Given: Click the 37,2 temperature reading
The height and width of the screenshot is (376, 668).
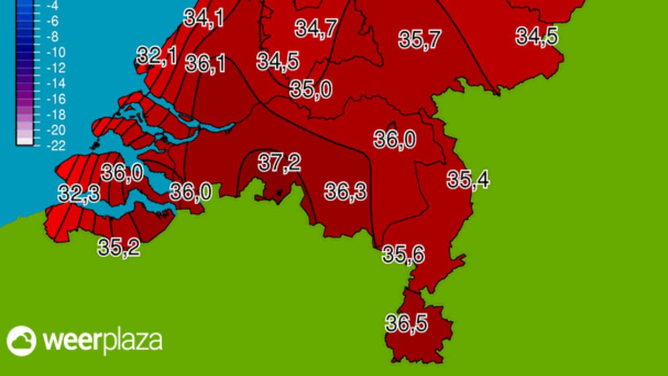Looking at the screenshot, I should click(279, 163).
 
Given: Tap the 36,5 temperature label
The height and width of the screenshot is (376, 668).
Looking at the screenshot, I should click(407, 324).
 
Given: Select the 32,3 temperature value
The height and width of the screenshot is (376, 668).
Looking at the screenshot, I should click(79, 194).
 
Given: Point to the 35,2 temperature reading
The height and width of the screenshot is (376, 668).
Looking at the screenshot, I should click(119, 248).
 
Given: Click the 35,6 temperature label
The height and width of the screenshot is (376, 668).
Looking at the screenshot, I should click(403, 255).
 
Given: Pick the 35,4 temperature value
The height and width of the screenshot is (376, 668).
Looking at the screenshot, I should click(468, 180).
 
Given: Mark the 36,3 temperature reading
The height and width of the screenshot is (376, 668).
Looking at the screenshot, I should click(345, 192).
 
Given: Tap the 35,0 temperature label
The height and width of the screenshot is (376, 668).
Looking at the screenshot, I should click(311, 89).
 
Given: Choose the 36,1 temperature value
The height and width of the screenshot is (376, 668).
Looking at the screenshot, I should click(206, 64).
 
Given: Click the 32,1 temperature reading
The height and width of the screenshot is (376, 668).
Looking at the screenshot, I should click(157, 56).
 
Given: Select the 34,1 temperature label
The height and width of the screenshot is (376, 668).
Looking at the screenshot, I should click(204, 18).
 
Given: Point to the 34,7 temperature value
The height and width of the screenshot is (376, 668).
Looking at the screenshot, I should click(316, 28).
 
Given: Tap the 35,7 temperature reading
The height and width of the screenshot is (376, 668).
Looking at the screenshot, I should click(420, 40).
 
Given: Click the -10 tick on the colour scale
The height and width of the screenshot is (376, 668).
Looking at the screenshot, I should click(55, 52).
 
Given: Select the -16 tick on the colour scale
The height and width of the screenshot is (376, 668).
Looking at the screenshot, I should click(55, 99).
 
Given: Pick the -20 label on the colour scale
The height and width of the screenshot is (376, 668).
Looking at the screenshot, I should click(55, 130).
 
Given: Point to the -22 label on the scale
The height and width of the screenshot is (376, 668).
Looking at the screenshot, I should click(55, 145).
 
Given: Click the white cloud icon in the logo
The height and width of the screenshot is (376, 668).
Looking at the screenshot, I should click(21, 341).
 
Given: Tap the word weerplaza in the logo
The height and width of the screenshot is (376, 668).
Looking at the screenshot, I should click(102, 342).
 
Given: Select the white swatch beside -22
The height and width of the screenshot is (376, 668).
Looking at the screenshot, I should click(25, 139).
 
